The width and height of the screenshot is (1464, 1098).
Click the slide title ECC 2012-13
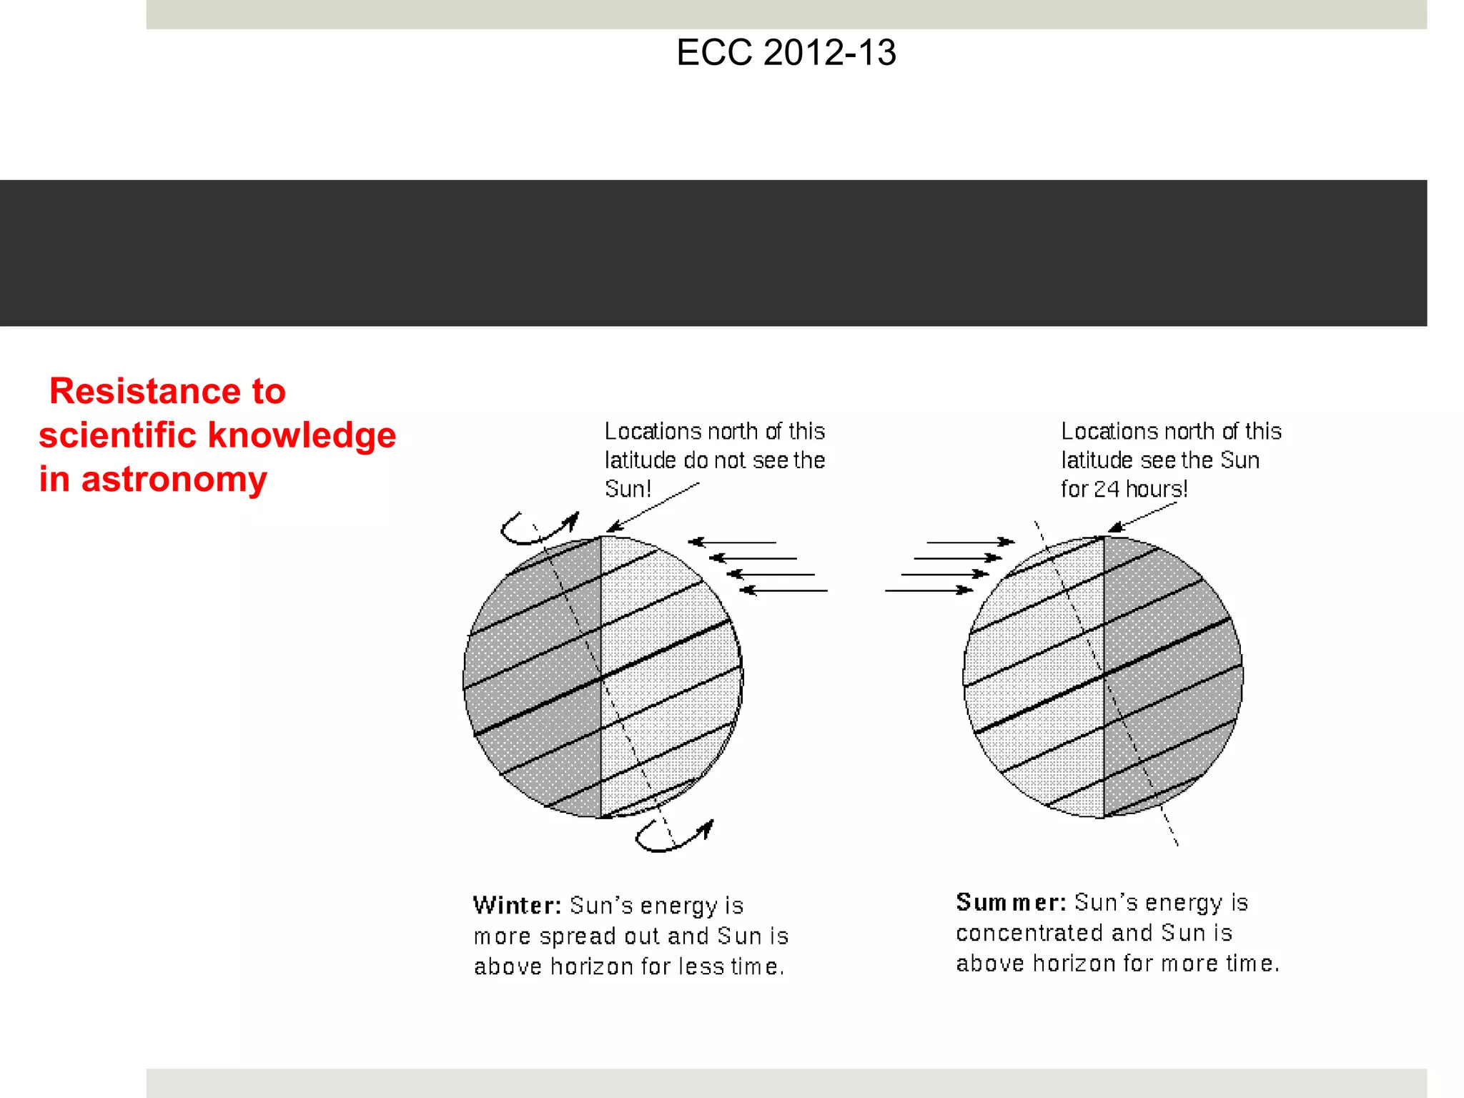(786, 53)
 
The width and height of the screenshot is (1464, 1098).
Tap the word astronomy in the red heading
(174, 479)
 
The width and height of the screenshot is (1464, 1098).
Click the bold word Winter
(516, 906)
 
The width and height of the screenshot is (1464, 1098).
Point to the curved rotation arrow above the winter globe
(538, 528)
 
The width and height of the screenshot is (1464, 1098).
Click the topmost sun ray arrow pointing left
(732, 543)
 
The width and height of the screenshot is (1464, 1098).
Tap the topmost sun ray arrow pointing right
(970, 543)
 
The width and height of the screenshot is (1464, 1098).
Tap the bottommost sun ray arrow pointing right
(929, 590)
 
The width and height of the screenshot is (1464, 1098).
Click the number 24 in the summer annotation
(1106, 489)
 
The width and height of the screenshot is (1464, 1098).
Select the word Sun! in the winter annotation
(627, 489)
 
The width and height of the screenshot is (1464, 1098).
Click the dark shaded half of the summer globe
(1172, 679)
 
